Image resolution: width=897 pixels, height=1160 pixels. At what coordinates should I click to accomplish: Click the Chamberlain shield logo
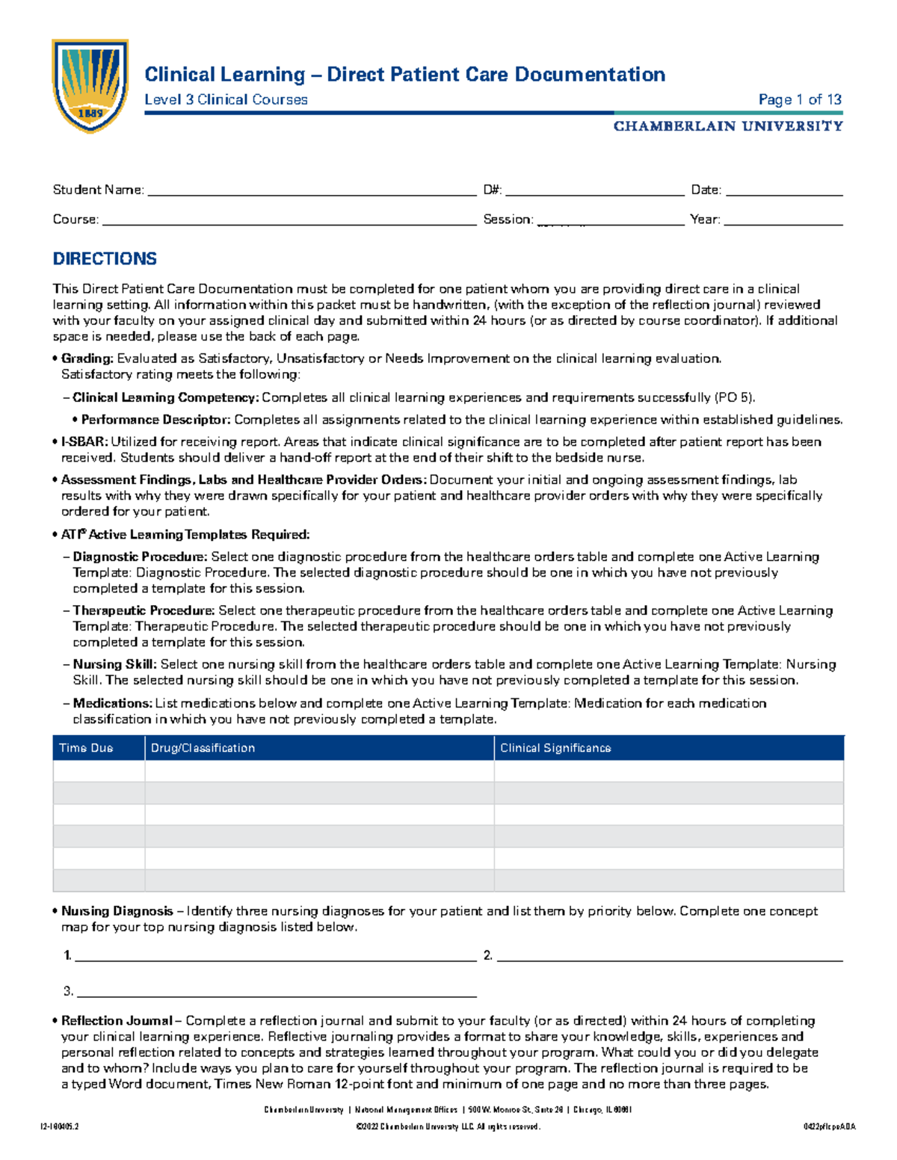point(90,85)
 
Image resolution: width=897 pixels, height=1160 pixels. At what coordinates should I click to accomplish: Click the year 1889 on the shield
point(90,114)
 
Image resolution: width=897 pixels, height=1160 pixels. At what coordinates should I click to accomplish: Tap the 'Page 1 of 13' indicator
point(799,99)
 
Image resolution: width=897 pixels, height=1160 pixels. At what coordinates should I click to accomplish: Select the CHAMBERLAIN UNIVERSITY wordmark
point(727,126)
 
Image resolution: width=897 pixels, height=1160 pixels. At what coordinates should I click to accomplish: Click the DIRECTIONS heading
point(105,258)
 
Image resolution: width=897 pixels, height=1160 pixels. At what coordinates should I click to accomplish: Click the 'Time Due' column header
point(86,748)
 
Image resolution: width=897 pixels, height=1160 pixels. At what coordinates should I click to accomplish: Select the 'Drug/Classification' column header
point(203,748)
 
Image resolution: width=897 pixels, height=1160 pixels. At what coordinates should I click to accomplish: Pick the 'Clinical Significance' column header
point(555,748)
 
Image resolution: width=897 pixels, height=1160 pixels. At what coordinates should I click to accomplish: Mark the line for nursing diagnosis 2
point(669,957)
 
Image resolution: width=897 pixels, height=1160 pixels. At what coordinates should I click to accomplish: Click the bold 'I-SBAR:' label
point(84,441)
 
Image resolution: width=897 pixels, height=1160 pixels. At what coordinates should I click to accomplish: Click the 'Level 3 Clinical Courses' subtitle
point(226,99)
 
